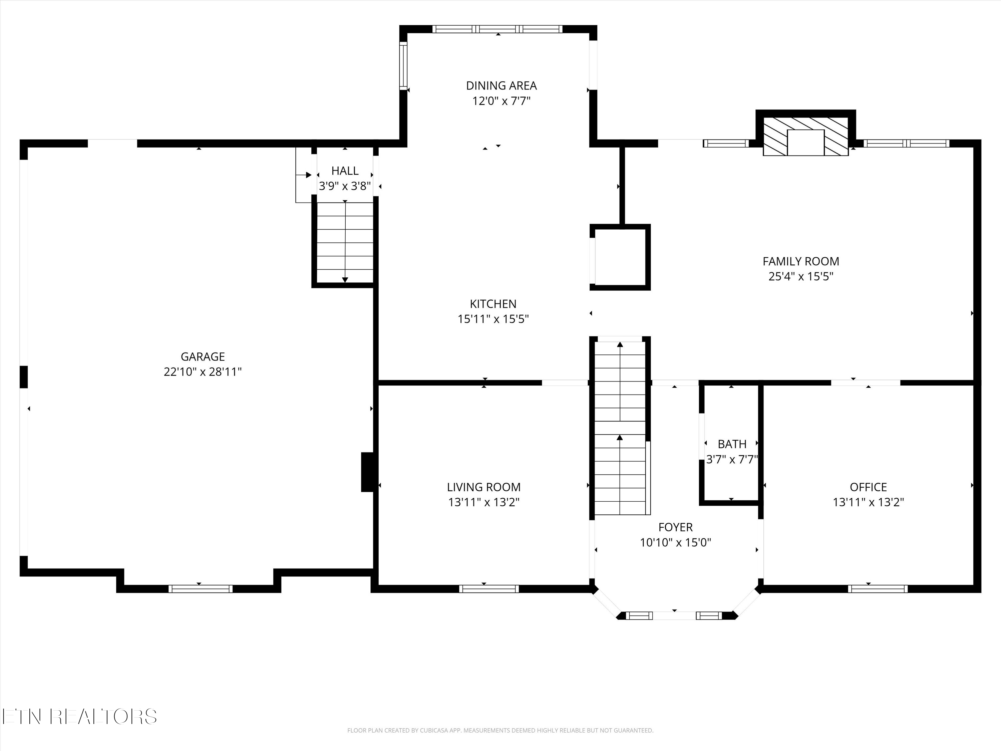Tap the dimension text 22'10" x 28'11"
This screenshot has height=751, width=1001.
[x=203, y=371]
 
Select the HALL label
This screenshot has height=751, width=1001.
[x=345, y=171]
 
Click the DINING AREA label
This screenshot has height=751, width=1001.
[x=502, y=85]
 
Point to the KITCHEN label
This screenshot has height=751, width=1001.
[x=493, y=304]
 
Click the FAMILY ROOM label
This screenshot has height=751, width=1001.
[x=800, y=261]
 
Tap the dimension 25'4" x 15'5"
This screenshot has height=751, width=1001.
[x=800, y=276]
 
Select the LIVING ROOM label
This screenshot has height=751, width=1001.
[x=484, y=487]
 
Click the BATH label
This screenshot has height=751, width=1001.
[x=732, y=444]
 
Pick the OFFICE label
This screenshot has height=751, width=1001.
[x=868, y=487]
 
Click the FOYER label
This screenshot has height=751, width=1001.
[x=675, y=527]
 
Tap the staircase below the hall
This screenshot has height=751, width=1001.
[x=345, y=242]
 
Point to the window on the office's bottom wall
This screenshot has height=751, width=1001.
[x=878, y=588]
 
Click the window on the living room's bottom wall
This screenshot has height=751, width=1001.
[x=489, y=588]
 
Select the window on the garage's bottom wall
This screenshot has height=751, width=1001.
[x=201, y=588]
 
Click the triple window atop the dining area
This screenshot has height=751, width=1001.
[x=497, y=29]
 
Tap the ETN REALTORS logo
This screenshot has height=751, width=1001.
[x=79, y=717]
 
